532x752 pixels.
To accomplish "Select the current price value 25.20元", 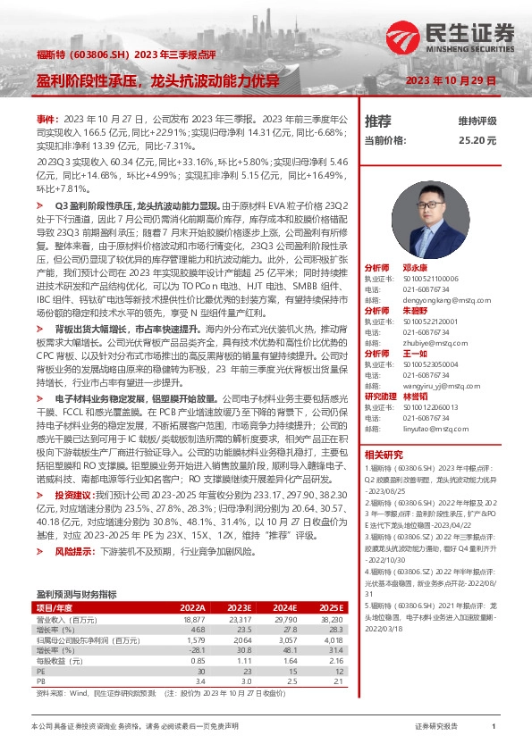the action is click(x=477, y=140).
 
